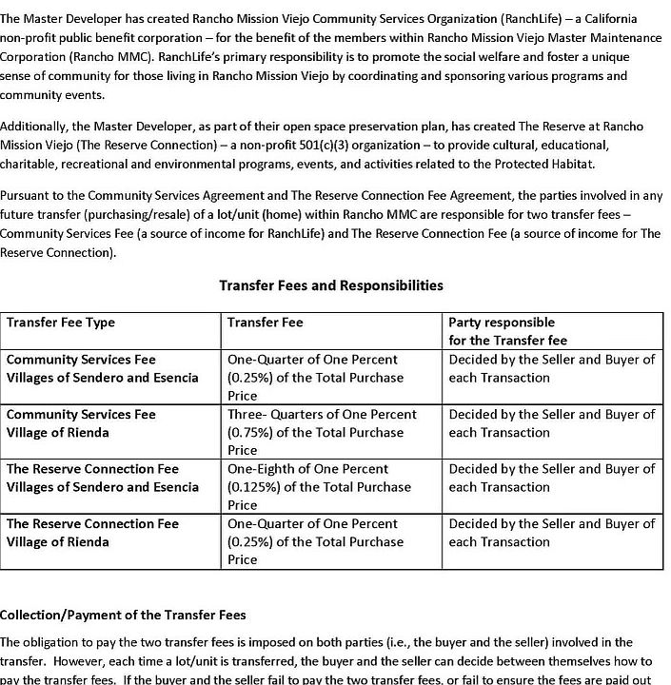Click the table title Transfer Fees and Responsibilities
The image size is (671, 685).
330,285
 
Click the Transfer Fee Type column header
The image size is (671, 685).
61,323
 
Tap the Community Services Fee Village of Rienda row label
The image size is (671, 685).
81,423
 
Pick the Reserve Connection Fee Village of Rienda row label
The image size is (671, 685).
92,533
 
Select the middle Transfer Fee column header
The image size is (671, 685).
266,323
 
